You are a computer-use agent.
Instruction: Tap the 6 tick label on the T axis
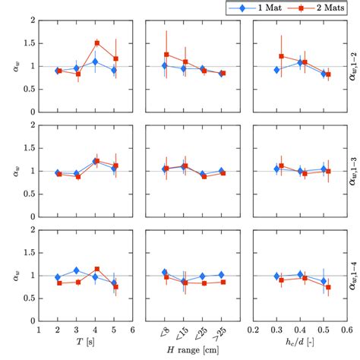point(133,330)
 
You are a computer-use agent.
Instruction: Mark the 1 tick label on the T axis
point(39,330)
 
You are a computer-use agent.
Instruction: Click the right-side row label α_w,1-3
point(351,170)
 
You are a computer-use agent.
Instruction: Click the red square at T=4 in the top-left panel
point(96,43)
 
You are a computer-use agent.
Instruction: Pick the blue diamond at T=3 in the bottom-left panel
point(77,270)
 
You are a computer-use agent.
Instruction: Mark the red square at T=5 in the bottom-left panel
point(115,286)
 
